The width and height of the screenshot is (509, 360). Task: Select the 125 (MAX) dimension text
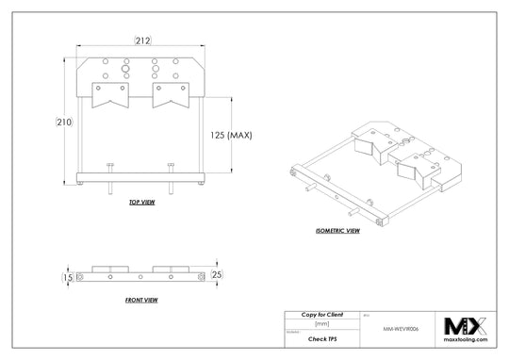(230, 135)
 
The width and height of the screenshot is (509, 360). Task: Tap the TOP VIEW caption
(141, 202)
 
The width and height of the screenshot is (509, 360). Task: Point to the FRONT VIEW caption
(140, 299)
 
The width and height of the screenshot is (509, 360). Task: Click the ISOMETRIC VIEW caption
(338, 230)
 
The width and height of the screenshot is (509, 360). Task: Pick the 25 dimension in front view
(217, 274)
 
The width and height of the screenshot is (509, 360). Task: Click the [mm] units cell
(321, 322)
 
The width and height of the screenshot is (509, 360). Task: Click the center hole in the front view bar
(141, 277)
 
